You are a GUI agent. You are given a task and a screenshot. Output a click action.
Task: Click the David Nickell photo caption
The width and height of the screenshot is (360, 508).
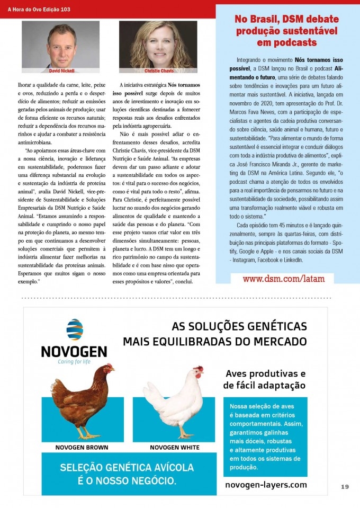[x=62, y=70]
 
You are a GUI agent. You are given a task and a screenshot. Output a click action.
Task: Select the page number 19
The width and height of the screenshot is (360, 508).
[x=345, y=486]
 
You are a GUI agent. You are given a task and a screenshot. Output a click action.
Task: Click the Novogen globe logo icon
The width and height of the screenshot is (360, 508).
[x=74, y=329]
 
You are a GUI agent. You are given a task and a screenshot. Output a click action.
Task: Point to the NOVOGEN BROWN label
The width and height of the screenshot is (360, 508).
[x=82, y=448]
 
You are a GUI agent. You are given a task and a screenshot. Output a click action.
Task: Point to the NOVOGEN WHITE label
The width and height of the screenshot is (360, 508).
[x=175, y=448]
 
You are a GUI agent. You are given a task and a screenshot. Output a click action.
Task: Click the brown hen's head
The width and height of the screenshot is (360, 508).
[x=108, y=369]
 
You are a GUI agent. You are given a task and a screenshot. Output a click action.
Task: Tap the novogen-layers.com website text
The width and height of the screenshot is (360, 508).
[x=266, y=485]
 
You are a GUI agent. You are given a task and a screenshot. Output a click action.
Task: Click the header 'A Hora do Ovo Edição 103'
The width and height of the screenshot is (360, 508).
[x=39, y=10]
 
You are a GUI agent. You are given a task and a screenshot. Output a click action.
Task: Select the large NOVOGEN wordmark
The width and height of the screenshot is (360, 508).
[x=74, y=351]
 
